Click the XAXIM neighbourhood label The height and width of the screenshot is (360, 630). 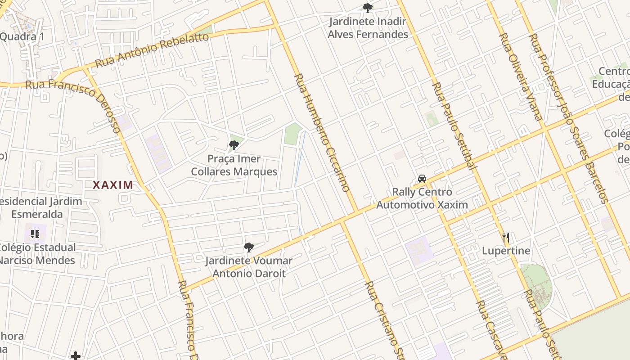click(113, 184)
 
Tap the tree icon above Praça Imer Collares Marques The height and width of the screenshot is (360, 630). click(234, 145)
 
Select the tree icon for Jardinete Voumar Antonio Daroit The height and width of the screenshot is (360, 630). click(248, 247)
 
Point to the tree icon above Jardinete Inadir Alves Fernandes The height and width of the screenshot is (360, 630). click(368, 8)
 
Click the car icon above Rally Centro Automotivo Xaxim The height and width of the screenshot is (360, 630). click(422, 178)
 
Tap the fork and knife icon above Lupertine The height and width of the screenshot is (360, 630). click(506, 237)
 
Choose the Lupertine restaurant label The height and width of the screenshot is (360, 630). click(506, 251)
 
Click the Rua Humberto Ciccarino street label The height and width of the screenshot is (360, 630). click(322, 133)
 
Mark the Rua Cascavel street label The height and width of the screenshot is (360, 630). click(493, 328)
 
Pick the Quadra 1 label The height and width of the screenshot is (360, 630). click(22, 36)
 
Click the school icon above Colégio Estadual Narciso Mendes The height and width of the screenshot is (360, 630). click(35, 234)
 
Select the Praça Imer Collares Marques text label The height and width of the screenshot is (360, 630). click(234, 165)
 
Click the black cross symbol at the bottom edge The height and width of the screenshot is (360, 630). click(76, 356)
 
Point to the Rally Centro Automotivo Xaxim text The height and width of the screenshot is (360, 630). click(422, 198)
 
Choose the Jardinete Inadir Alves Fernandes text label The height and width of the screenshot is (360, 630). click(368, 28)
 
